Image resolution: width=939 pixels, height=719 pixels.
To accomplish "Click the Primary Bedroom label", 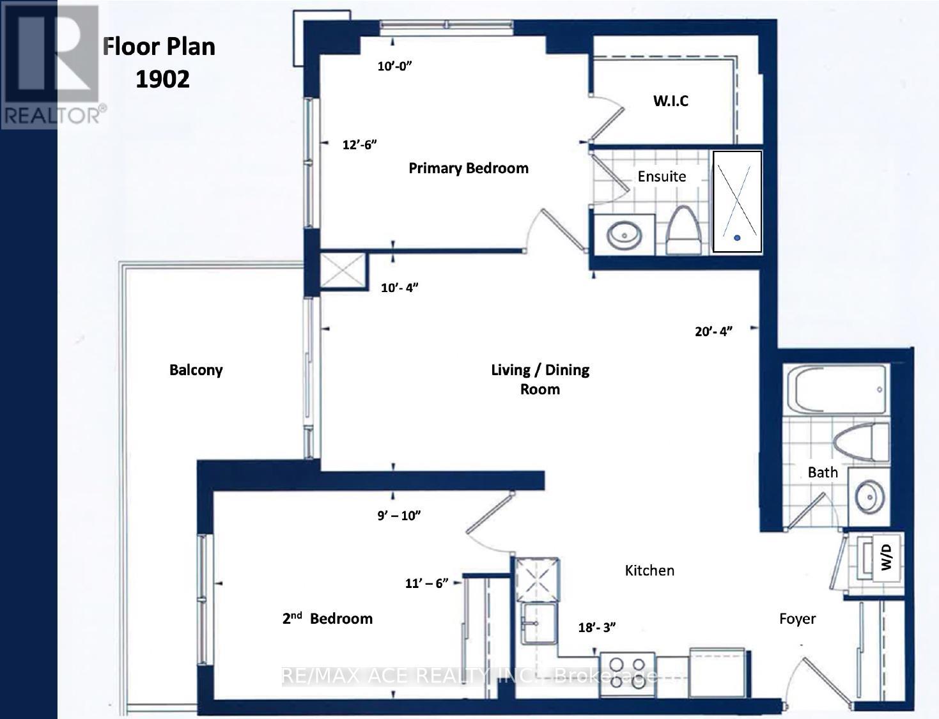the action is pyautogui.click(x=469, y=169).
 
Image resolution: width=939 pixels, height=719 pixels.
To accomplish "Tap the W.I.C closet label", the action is pyautogui.click(x=671, y=101).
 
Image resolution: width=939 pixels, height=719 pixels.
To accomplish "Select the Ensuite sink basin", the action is pyautogui.click(x=625, y=235).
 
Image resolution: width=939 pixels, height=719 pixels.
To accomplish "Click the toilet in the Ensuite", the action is pyautogui.click(x=683, y=230).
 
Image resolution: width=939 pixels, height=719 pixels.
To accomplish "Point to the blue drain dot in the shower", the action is pyautogui.click(x=737, y=238).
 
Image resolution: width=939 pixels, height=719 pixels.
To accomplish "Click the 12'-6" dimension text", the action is pyautogui.click(x=359, y=144).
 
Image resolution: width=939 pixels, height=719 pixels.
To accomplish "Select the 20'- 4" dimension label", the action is pyautogui.click(x=713, y=331).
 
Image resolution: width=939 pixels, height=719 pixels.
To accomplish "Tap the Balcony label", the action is pyautogui.click(x=196, y=370).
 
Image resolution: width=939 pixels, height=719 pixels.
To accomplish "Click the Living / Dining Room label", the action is pyautogui.click(x=540, y=380).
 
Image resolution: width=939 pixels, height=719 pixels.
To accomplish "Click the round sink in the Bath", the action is pyautogui.click(x=870, y=498).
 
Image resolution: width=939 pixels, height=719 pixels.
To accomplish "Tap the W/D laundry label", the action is pyautogui.click(x=886, y=557).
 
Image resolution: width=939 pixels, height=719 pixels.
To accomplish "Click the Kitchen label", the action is pyautogui.click(x=649, y=571).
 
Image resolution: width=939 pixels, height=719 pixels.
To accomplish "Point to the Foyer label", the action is pyautogui.click(x=797, y=619).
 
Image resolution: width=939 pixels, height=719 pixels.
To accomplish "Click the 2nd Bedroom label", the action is pyautogui.click(x=327, y=619).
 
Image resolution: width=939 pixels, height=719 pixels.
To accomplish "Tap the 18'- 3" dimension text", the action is pyautogui.click(x=597, y=627).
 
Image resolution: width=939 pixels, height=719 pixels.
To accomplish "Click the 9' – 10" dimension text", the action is pyautogui.click(x=399, y=515).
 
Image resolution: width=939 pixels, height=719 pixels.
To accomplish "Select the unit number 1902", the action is pyautogui.click(x=162, y=79).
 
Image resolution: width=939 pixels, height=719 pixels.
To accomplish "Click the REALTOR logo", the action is pyautogui.click(x=54, y=65).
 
